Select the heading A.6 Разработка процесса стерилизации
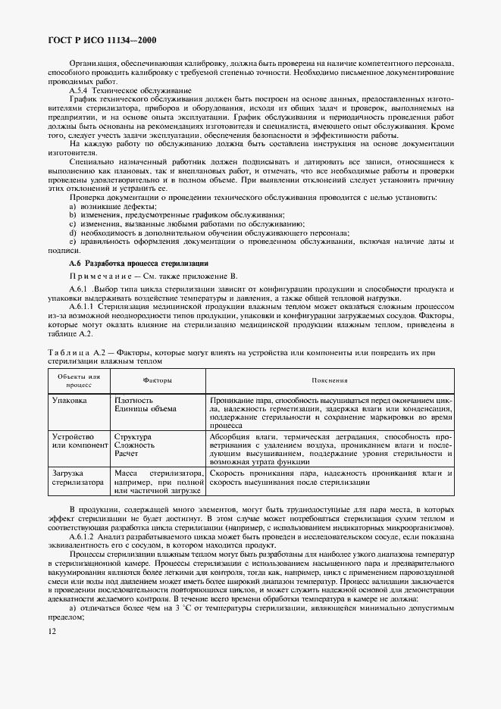[128, 262]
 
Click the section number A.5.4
[79, 91]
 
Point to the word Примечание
[99, 276]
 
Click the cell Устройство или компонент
[79, 442]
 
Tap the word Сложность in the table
[134, 445]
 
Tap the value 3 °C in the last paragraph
[162, 608]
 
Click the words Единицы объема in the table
[145, 408]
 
